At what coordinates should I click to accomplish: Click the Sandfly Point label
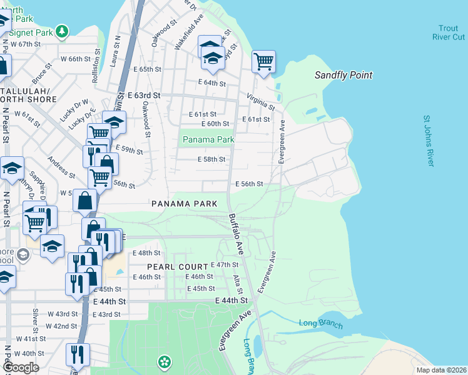[343, 75]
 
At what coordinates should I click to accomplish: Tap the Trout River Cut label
[448, 32]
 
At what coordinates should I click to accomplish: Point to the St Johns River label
[428, 141]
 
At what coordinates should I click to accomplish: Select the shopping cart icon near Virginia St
[264, 61]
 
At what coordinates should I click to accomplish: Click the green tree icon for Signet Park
[61, 30]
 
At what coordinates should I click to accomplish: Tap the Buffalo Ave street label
[235, 234]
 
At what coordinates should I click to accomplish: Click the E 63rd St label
[144, 96]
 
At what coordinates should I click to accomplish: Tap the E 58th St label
[211, 159]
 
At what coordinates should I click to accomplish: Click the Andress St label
[61, 167]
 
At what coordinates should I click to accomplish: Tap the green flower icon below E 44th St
[164, 361]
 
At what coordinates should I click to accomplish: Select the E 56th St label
[248, 184]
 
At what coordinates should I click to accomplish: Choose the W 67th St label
[25, 44]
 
